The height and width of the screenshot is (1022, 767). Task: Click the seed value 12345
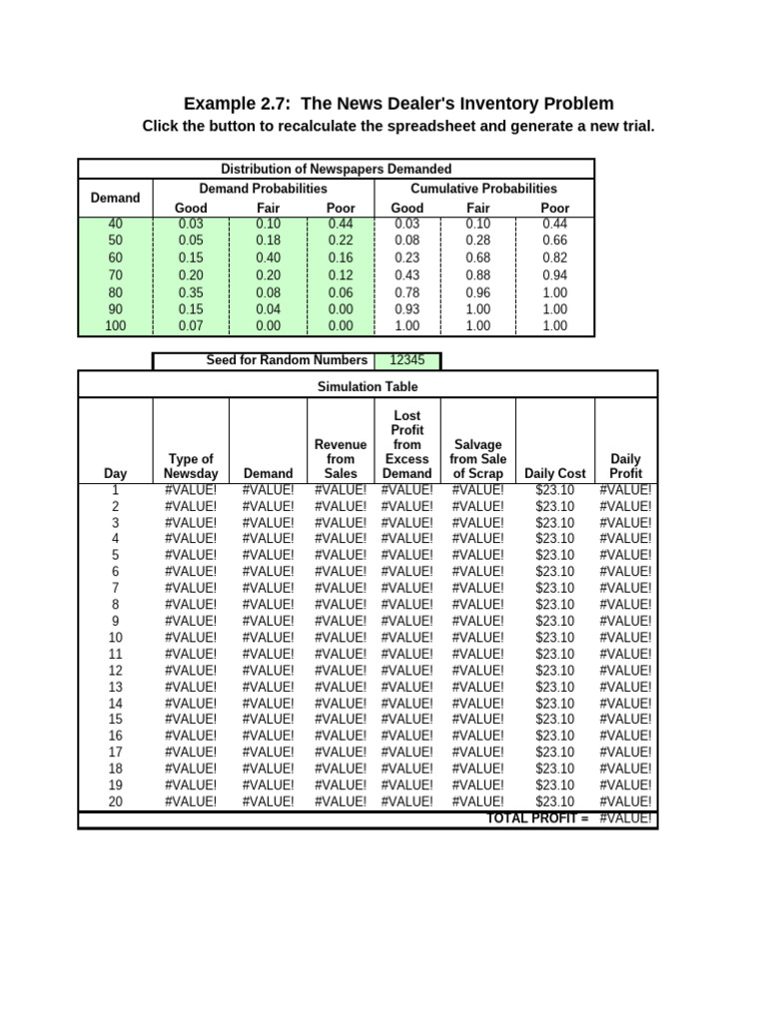tap(405, 360)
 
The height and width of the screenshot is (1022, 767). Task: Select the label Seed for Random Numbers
tap(286, 360)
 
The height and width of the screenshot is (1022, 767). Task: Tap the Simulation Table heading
tap(368, 386)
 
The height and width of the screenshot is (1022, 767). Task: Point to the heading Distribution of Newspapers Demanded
tap(336, 169)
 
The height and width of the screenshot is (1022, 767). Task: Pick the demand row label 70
tap(115, 274)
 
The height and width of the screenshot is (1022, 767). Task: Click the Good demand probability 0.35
tap(190, 292)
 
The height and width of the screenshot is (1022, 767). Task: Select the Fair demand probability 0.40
tap(268, 258)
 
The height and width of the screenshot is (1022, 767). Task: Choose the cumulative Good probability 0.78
tap(406, 292)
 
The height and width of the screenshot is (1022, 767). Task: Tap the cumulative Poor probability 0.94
tap(555, 274)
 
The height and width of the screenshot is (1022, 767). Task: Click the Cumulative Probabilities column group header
tap(483, 188)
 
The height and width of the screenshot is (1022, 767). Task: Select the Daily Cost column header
tap(555, 473)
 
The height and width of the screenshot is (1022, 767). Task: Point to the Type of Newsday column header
tap(190, 466)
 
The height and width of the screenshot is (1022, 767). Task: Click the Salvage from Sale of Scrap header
tap(478, 458)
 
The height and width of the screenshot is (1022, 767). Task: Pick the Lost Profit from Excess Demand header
tap(407, 444)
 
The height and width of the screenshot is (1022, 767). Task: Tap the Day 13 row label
tap(115, 687)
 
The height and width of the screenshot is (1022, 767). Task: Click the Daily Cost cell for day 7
tap(555, 588)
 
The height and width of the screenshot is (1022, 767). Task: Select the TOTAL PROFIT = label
tap(537, 818)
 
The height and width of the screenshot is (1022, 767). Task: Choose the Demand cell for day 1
tap(268, 490)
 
